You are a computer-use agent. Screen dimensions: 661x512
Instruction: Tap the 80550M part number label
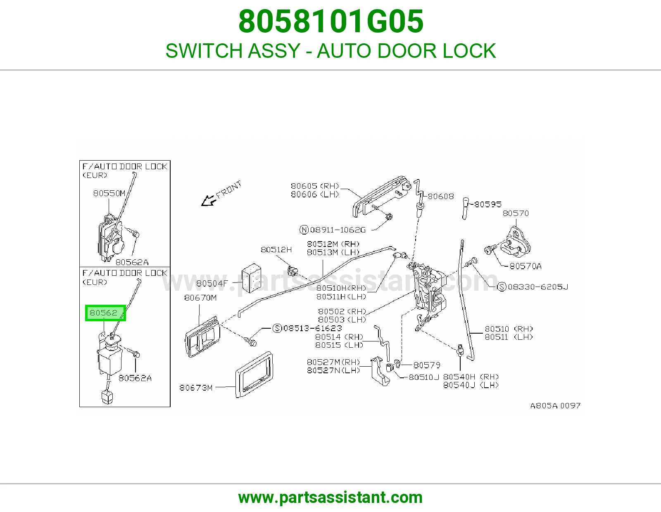(x=109, y=193)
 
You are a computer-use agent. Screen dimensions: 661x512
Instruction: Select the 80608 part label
(x=441, y=197)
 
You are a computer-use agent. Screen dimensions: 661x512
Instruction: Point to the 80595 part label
(x=487, y=204)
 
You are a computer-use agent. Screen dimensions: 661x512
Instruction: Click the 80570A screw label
(x=525, y=266)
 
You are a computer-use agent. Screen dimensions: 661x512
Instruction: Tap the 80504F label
(x=212, y=283)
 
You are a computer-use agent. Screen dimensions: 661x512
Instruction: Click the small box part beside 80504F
(x=251, y=278)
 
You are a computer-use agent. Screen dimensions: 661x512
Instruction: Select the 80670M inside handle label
(x=200, y=298)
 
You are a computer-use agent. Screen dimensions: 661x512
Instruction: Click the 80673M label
(x=195, y=388)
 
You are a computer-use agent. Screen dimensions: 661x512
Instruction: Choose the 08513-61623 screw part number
(x=312, y=328)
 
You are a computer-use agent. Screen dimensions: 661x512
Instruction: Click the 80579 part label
(x=427, y=365)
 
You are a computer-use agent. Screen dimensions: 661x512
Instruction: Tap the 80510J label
(x=424, y=377)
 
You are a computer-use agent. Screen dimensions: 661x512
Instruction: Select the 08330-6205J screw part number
(x=538, y=287)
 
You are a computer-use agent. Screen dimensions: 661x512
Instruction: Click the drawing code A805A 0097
(x=556, y=405)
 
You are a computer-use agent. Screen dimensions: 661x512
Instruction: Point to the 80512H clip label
(x=276, y=250)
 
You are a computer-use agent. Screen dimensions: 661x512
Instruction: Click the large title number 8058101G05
(x=330, y=21)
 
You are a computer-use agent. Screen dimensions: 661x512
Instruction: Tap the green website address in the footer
(x=330, y=498)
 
